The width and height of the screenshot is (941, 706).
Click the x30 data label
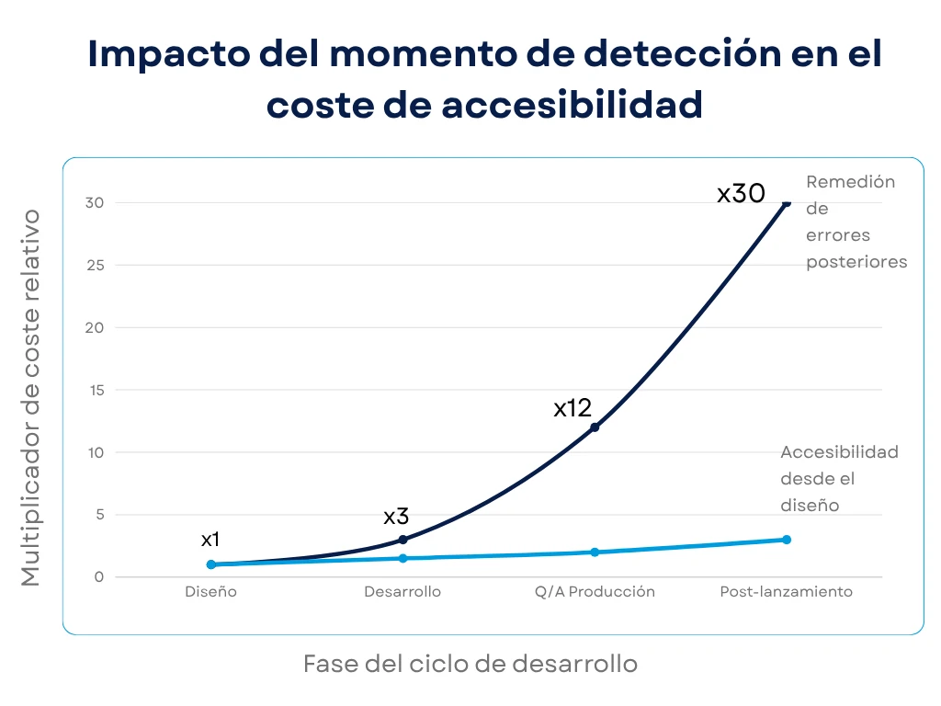(x=741, y=194)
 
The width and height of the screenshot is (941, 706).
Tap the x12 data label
(x=573, y=408)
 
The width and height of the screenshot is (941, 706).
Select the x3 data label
(x=396, y=517)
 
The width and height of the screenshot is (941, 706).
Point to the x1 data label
(x=210, y=540)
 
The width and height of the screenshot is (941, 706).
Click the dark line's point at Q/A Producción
(x=595, y=427)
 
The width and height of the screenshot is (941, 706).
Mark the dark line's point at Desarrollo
(x=402, y=540)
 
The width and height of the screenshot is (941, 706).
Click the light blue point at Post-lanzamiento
(x=787, y=540)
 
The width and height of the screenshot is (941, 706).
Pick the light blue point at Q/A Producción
(x=595, y=552)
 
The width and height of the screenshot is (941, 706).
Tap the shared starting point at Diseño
(x=211, y=564)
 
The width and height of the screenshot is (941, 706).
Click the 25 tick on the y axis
(x=95, y=265)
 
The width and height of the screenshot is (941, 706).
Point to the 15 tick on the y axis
(x=95, y=390)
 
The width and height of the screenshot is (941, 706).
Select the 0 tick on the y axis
(x=98, y=577)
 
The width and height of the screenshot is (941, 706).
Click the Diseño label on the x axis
(x=210, y=592)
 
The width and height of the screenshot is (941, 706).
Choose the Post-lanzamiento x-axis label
(x=786, y=592)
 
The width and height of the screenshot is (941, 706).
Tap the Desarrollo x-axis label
(x=402, y=592)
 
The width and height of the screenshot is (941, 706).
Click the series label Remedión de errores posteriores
(x=856, y=222)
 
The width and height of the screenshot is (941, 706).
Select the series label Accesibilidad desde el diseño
(x=838, y=478)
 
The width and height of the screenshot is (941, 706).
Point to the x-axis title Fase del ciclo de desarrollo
(x=470, y=664)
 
